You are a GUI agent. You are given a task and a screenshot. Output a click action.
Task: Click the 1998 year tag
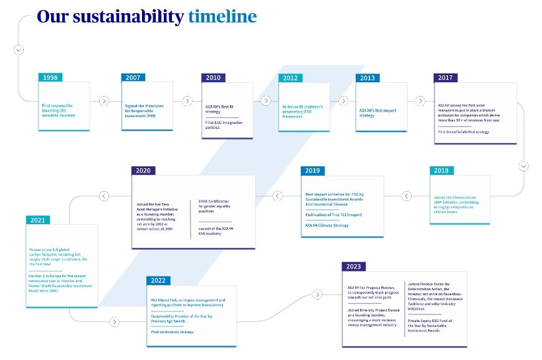click(50, 78)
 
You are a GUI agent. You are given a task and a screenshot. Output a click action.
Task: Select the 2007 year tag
click(133, 78)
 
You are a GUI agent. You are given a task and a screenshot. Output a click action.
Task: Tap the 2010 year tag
click(213, 78)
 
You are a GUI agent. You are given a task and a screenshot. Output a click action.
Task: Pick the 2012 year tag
click(290, 78)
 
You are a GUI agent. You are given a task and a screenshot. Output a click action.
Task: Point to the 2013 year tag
click(368, 78)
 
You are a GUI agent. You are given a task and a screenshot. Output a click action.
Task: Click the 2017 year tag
click(445, 78)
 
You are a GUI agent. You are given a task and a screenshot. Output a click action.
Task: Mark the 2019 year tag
click(313, 171)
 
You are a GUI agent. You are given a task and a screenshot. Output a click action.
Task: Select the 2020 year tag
click(143, 171)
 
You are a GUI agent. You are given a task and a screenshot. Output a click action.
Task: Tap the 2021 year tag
click(38, 220)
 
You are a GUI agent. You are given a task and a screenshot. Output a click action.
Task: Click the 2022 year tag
click(158, 281)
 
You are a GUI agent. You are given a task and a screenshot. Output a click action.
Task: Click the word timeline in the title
click(222, 16)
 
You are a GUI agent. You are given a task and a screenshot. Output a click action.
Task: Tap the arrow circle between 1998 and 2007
click(104, 100)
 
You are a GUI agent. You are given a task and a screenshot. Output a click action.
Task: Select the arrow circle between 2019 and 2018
click(407, 196)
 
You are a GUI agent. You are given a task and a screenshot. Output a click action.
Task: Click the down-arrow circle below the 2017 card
click(524, 166)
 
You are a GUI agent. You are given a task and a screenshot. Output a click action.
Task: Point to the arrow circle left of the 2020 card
click(104, 196)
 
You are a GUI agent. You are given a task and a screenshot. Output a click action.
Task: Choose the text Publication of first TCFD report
click(333, 215)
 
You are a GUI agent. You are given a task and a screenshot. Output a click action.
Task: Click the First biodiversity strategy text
click(172, 332)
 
